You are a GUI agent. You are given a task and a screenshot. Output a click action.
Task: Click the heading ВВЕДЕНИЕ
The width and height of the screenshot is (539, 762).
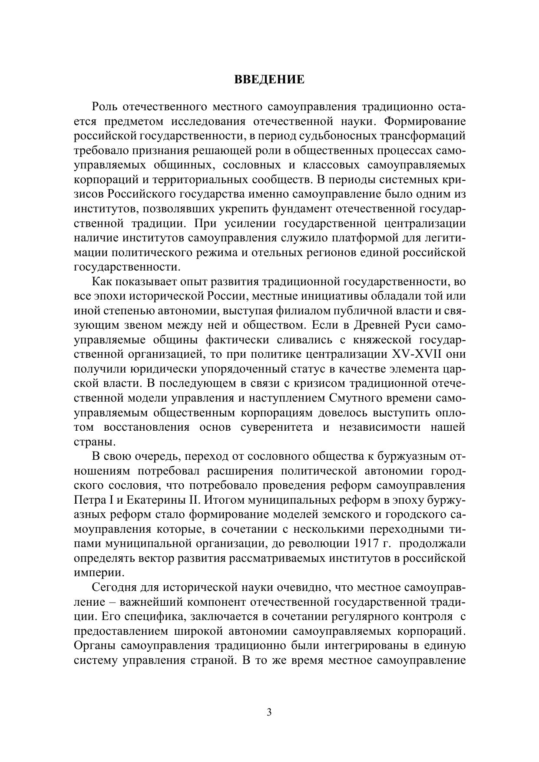269,80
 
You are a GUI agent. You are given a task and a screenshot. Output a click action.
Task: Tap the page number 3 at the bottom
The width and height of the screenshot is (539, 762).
269,712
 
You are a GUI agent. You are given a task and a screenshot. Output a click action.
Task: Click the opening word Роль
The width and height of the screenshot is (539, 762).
104,107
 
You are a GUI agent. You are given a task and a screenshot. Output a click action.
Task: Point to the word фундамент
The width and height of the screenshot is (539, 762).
301,209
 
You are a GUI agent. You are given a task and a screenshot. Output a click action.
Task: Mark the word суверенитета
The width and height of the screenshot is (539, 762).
276,427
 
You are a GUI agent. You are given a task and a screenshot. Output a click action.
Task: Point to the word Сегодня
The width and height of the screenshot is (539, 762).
113,587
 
